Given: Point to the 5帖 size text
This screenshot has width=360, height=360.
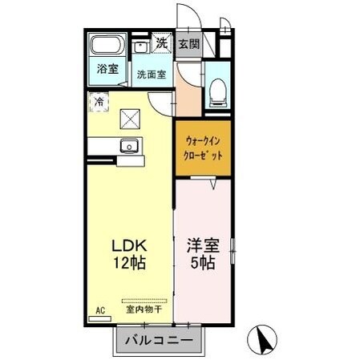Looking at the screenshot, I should (x=202, y=263).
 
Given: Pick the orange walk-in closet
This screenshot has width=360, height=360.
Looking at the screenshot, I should (x=203, y=148).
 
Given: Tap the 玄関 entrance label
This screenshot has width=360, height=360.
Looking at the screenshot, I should (x=188, y=45).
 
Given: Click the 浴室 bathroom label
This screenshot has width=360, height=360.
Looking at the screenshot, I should (x=108, y=69).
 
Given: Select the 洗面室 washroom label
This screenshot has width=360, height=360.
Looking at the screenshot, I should (x=151, y=75).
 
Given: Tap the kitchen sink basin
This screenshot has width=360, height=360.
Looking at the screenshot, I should (x=128, y=147).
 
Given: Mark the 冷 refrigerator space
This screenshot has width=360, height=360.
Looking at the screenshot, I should (x=99, y=102).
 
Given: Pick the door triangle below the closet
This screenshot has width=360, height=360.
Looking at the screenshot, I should (x=214, y=185).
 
